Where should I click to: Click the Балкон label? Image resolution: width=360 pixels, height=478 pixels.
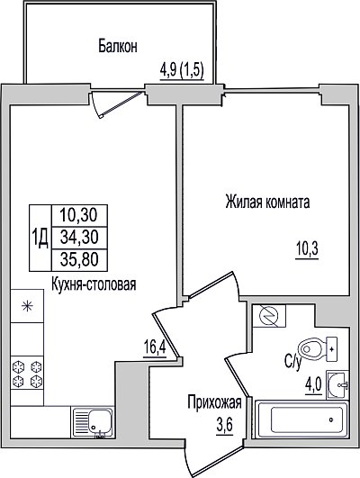click(x=118, y=46)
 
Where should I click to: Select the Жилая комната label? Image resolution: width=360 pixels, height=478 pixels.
click(x=267, y=203)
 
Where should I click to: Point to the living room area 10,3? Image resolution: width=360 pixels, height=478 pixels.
click(x=307, y=249)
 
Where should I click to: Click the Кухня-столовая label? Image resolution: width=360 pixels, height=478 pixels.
click(x=94, y=284)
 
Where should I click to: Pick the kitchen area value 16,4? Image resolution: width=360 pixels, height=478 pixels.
click(x=155, y=348)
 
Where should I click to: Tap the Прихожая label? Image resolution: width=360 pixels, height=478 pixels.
click(x=214, y=402)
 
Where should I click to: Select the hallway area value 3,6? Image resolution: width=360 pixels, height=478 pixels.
click(x=225, y=425)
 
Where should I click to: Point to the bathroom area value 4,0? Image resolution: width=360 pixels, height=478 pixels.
click(x=313, y=386)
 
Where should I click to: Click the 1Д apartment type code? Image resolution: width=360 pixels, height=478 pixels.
click(x=40, y=239)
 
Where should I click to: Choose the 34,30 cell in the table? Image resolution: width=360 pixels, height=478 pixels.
click(x=79, y=238)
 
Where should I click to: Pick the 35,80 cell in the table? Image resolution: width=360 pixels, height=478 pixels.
click(x=79, y=260)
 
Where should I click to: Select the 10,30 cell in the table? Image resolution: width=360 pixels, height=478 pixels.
click(x=79, y=216)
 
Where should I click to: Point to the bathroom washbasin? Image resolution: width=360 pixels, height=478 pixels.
click(x=337, y=384)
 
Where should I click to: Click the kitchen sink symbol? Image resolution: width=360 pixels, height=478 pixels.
click(x=93, y=422)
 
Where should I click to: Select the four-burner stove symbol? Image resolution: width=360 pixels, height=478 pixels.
click(x=27, y=373)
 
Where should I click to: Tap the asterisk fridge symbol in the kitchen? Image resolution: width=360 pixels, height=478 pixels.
click(x=27, y=306)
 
